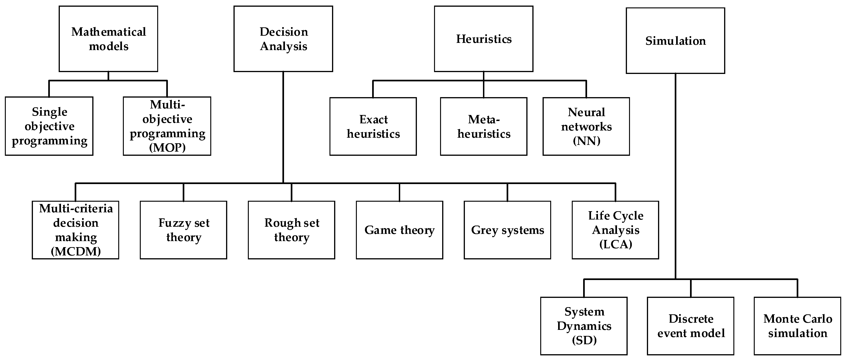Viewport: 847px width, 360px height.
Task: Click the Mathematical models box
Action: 108,39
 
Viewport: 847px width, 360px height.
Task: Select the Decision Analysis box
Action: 283,39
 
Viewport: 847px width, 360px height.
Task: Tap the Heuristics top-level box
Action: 483,39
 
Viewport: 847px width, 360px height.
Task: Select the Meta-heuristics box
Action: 483,126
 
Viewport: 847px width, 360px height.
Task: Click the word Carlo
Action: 817,319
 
